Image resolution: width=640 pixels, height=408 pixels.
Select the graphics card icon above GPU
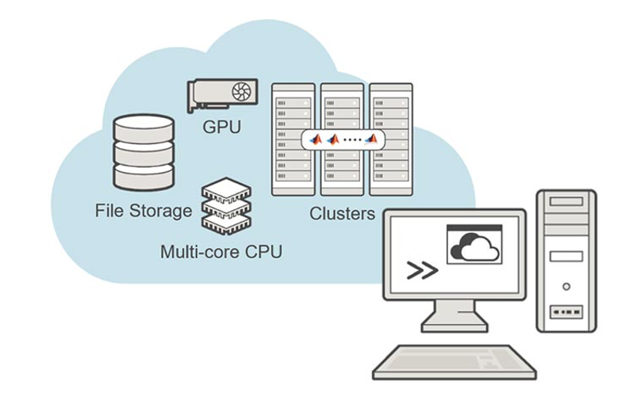(x=223, y=95)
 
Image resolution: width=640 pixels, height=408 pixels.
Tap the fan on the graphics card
(x=242, y=93)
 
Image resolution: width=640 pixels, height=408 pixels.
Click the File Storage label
(x=144, y=212)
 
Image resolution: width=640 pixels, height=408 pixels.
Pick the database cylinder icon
(x=144, y=152)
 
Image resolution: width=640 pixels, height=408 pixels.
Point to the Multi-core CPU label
(x=221, y=253)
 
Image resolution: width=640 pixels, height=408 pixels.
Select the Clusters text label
(x=342, y=214)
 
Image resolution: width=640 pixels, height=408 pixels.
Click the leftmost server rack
(x=293, y=139)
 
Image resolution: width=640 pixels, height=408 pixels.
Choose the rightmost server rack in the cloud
(x=391, y=139)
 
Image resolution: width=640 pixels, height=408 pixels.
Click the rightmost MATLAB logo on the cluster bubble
(x=371, y=139)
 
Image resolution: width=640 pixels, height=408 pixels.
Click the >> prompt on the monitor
(x=422, y=270)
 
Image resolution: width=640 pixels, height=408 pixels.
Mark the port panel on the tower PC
(x=566, y=312)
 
